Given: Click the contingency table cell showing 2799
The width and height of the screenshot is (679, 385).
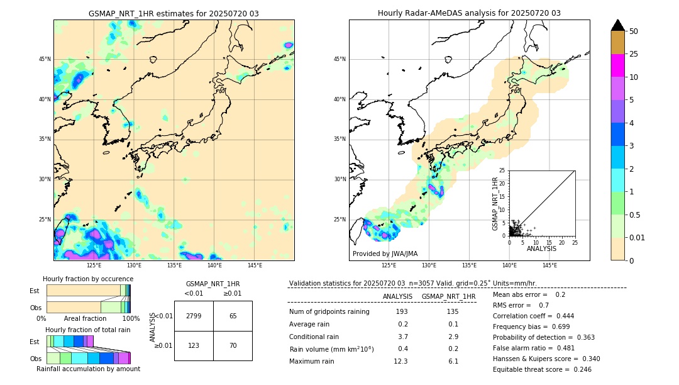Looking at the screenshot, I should click(194, 316).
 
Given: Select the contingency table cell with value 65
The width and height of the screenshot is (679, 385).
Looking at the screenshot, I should click(233, 316).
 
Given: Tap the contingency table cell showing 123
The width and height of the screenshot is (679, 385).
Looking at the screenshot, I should click(194, 345).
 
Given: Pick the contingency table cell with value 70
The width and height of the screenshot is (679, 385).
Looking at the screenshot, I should click(233, 345).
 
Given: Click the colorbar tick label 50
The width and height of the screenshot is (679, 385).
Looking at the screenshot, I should click(634, 31).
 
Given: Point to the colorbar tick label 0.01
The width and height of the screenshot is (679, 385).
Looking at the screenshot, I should click(638, 237).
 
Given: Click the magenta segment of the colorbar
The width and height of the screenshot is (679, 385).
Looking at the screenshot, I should click(618, 65).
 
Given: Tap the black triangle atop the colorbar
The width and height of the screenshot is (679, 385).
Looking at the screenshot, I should click(618, 25).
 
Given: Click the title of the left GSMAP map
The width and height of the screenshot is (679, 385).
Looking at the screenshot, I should click(174, 13).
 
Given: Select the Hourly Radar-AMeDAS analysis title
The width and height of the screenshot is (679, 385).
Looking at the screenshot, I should click(469, 13).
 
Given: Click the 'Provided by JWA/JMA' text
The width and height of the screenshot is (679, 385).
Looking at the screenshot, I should click(385, 254).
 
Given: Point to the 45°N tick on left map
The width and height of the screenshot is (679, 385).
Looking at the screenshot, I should click(45, 59).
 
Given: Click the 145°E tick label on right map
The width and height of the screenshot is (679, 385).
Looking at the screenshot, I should click(549, 265).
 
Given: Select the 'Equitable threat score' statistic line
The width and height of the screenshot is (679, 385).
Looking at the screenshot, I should click(542, 369).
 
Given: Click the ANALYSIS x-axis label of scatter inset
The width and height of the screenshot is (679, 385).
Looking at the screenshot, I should click(541, 248).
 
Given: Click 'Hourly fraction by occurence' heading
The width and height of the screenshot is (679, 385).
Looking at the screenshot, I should click(88, 279).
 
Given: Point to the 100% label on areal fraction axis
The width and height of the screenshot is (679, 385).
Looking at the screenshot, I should click(131, 318).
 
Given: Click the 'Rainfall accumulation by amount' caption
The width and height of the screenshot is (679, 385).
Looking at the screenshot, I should click(88, 369).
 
